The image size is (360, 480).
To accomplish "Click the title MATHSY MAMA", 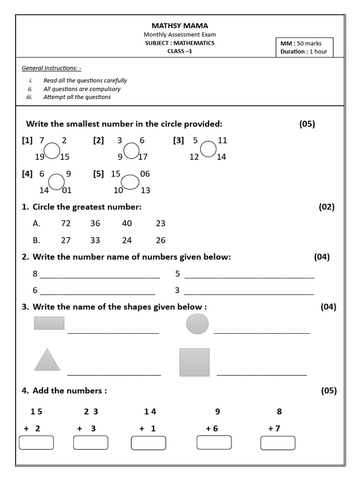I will [x=180, y=25].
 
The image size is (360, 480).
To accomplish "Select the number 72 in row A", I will [x=66, y=224].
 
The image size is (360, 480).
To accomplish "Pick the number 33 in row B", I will [x=95, y=240].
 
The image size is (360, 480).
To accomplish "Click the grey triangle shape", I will [x=47, y=360].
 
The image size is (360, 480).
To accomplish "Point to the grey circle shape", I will [x=197, y=324].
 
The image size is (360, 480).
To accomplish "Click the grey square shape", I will [x=195, y=362].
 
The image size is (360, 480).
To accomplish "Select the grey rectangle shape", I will [x=49, y=323].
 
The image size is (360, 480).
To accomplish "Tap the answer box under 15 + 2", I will [x=36, y=442].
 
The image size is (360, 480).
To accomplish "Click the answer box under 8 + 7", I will [x=278, y=443].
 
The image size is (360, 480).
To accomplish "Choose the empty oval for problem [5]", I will [x=130, y=182].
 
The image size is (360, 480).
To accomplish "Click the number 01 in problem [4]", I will [x=67, y=190].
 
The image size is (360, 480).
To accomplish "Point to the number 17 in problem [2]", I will [x=142, y=157].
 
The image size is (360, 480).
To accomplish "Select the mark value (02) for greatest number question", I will [x=327, y=207].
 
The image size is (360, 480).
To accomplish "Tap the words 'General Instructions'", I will [x=52, y=68].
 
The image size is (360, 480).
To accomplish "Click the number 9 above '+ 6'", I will [x=217, y=412].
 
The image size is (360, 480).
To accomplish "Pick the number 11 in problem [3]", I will [x=222, y=140].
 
